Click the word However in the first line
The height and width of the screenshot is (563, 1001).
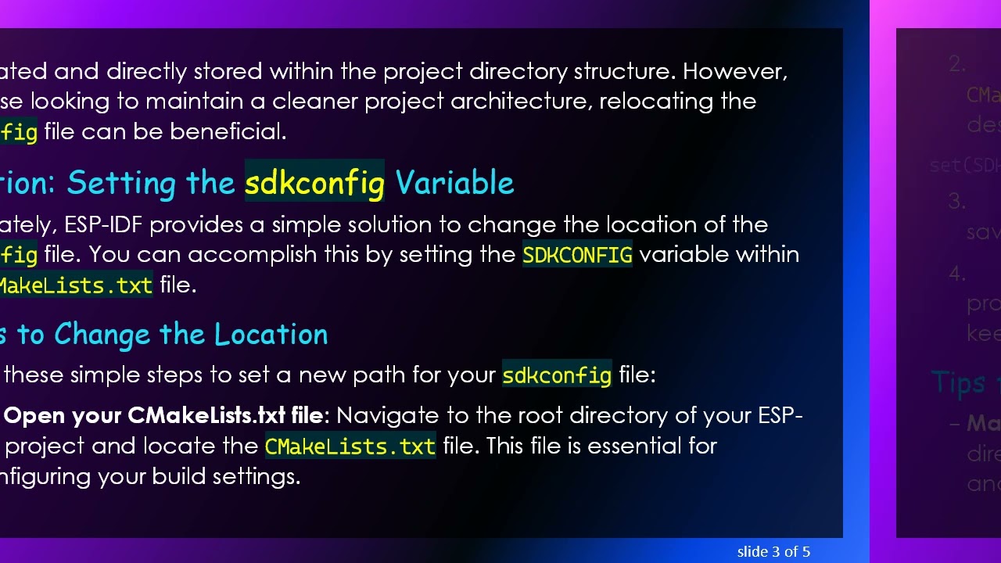point(734,72)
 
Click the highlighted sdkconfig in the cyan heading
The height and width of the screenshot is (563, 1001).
point(314,183)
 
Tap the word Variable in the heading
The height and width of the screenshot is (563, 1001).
point(454,183)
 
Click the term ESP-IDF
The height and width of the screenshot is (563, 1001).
point(103,225)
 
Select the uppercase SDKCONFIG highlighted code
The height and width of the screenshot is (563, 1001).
point(577,255)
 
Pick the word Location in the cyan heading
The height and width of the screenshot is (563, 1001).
point(271,335)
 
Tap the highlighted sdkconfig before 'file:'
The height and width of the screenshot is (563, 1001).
point(556,375)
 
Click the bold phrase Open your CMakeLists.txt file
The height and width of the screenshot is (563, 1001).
point(163,415)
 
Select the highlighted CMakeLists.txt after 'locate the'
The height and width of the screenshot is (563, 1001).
point(350,446)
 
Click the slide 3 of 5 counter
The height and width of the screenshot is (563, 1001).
point(773,552)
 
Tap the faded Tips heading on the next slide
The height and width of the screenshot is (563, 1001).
point(959,383)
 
